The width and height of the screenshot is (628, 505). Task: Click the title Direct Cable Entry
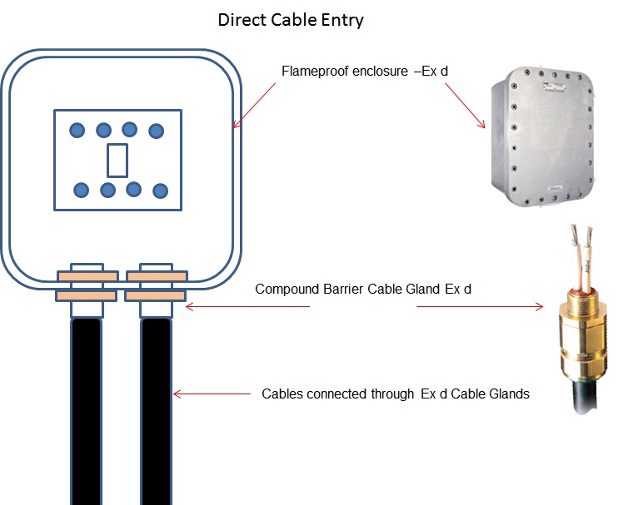tap(291, 20)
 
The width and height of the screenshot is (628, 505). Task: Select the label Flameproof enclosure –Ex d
tap(366, 71)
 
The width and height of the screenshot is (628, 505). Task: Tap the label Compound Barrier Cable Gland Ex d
tap(365, 290)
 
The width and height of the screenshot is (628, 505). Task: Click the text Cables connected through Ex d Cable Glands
tap(396, 394)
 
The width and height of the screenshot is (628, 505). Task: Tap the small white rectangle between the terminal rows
tap(118, 160)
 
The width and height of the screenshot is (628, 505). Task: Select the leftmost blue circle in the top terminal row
tap(77, 130)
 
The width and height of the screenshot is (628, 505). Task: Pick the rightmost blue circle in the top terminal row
tap(156, 131)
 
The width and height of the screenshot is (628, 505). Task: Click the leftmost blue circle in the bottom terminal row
tap(81, 191)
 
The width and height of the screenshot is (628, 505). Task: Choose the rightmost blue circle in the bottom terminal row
tap(160, 191)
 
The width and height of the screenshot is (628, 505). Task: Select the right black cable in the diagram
tap(156, 408)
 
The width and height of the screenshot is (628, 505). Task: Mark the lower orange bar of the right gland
tap(155, 295)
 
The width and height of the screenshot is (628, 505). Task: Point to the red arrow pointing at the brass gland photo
tap(479, 306)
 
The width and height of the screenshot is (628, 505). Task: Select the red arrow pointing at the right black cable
tap(212, 394)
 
